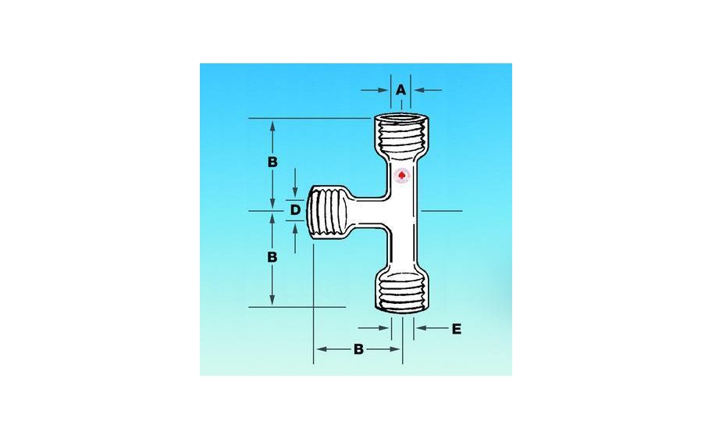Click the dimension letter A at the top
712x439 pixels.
[400, 90]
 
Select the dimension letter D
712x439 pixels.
[295, 210]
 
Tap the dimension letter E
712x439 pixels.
[456, 329]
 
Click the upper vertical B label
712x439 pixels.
[272, 162]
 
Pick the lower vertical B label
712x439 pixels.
[272, 257]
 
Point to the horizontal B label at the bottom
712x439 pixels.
[358, 349]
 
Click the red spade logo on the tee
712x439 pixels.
[401, 177]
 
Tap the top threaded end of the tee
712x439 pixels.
[401, 137]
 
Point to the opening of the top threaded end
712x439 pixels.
[401, 120]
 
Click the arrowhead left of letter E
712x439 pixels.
[421, 329]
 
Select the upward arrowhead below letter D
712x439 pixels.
[295, 227]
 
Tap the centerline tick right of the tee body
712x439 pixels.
[441, 211]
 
